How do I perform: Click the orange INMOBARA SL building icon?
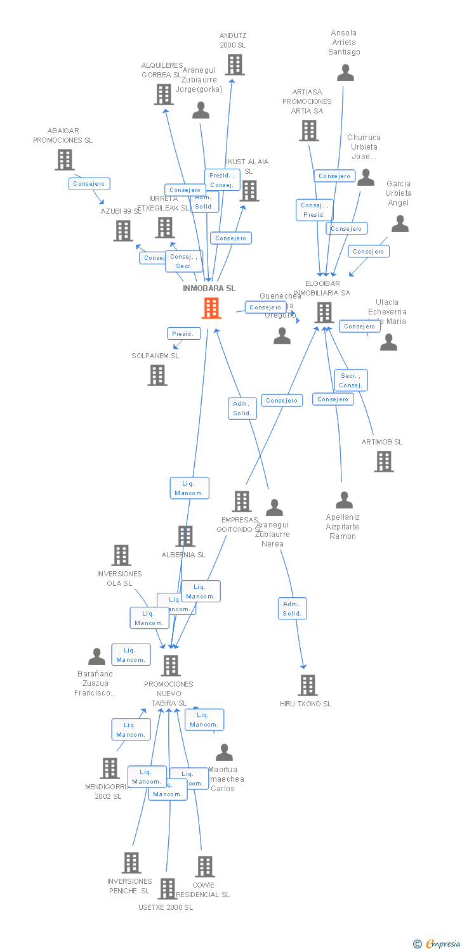coord(211,308)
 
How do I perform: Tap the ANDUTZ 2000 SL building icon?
coord(234,65)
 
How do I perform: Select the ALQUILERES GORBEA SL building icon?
coord(164,94)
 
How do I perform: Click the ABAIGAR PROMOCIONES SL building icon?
coord(64,160)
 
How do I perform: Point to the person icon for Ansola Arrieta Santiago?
coord(345,73)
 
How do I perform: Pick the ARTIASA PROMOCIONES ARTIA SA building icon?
coord(309,131)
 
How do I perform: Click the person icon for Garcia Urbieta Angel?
coord(400,224)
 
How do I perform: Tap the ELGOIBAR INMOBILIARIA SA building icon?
coord(324,313)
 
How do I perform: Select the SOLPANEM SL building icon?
coord(157,375)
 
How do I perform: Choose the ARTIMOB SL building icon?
coord(384,462)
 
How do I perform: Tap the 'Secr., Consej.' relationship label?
coord(351,380)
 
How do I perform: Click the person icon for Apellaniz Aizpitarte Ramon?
coord(344,500)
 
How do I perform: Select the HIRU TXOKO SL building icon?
coord(308,685)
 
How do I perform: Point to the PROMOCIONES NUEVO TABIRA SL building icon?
coord(170,666)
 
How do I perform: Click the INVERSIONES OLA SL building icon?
coord(121,555)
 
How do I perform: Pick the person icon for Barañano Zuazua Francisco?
coord(97,657)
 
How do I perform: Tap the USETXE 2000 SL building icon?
coord(167,889)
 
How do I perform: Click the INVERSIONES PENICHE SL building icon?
coord(131,863)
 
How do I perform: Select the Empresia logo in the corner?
coord(438,944)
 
